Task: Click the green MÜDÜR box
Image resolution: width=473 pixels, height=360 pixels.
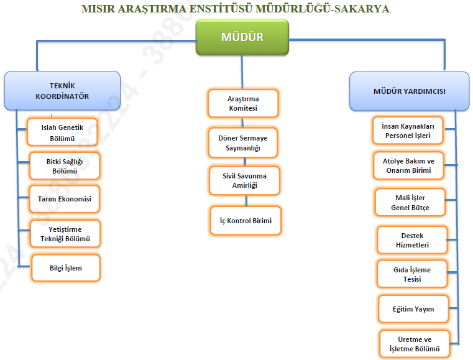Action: (242, 37)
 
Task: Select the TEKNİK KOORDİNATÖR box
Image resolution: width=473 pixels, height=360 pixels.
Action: (62, 92)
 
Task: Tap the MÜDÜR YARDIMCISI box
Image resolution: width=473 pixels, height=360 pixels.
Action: (408, 91)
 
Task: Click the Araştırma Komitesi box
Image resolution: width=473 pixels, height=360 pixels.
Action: (242, 104)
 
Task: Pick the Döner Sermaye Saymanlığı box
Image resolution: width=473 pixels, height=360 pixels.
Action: (243, 142)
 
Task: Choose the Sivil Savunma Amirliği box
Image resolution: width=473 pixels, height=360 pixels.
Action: (243, 181)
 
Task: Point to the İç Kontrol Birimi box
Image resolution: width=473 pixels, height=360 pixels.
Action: (245, 220)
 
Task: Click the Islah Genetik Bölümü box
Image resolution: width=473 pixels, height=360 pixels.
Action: (62, 132)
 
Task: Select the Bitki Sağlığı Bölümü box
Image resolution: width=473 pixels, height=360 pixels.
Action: (64, 166)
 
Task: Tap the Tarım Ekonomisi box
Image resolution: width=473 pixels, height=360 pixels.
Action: (65, 199)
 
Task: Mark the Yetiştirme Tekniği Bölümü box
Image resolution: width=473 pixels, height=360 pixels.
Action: (65, 234)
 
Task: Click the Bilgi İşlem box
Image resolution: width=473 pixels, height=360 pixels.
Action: (65, 268)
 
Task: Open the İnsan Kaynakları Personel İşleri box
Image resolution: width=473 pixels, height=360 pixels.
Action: (407, 130)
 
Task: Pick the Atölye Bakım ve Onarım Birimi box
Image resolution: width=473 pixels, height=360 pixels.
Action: (408, 165)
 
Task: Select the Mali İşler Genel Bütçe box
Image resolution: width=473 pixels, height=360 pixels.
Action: (410, 203)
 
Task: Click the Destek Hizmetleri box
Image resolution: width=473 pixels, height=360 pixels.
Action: (412, 241)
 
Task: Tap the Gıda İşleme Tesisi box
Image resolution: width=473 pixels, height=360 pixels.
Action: (412, 274)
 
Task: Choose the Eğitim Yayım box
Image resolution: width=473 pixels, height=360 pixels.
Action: (413, 309)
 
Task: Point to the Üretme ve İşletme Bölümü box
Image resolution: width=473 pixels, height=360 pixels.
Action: (414, 344)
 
